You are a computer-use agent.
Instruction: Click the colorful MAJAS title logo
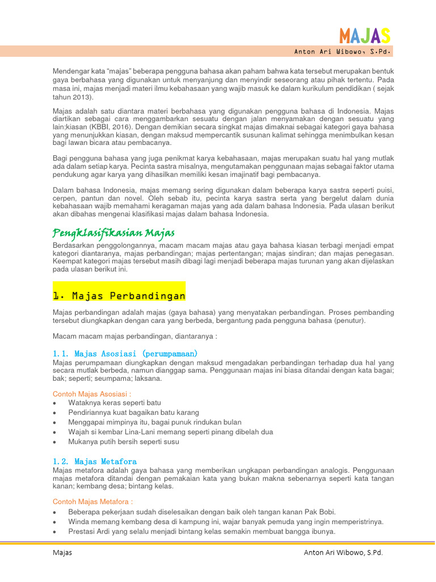pos(364,36)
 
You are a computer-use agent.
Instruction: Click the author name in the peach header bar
pos(342,52)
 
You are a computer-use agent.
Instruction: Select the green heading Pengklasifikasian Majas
pos(114,233)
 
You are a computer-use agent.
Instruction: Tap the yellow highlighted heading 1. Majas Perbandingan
pos(119,296)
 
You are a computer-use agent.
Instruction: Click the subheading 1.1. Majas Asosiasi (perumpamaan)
pos(125,354)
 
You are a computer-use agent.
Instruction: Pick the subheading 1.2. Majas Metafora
pos(94,462)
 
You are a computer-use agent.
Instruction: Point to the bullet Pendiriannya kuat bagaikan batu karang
pos(133,413)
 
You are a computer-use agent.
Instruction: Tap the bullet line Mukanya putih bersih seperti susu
pos(124,442)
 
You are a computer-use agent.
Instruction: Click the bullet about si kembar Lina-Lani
pos(170,432)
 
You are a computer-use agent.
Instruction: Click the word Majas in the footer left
pos(62,552)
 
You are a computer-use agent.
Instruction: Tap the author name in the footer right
pos(343,552)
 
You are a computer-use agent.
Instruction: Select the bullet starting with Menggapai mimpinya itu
pos(154,422)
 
